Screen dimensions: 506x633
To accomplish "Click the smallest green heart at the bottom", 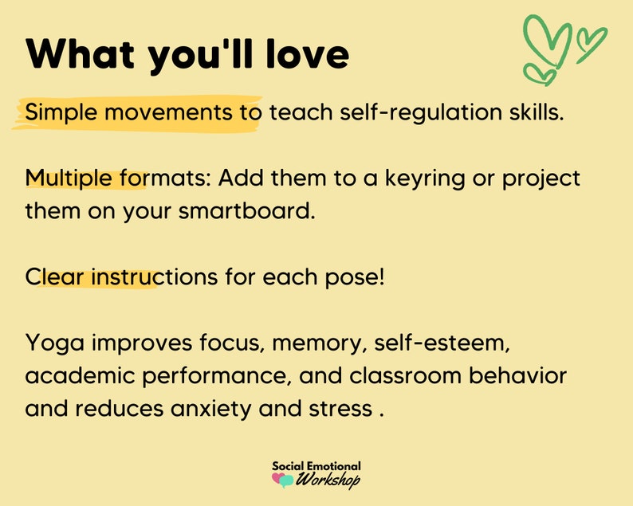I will coord(545,74).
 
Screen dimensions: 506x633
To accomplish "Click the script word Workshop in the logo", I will coord(328,480).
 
